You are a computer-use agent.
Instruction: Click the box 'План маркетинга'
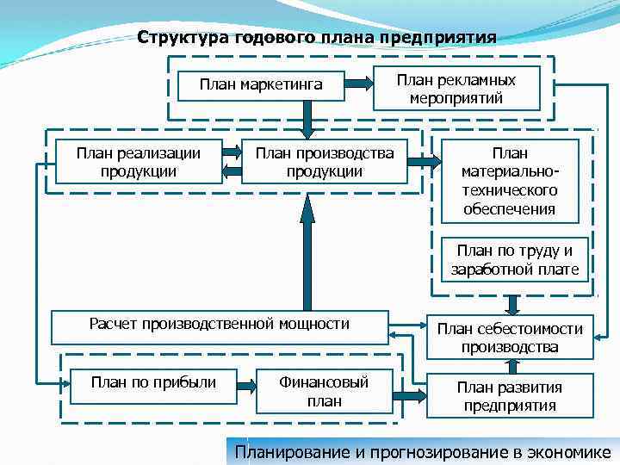coord(261,84)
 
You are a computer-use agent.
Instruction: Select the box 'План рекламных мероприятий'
coord(456,89)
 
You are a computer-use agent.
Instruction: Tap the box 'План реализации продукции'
coord(139,162)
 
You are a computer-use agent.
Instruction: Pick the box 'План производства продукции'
coord(325,162)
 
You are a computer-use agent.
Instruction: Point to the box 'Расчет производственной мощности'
coord(220,325)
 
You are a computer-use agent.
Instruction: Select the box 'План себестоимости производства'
coord(510,338)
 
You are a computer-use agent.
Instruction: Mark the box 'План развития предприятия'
coord(510,396)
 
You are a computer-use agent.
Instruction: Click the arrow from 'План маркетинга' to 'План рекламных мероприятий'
coord(359,84)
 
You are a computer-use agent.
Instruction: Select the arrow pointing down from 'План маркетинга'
coord(307,119)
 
